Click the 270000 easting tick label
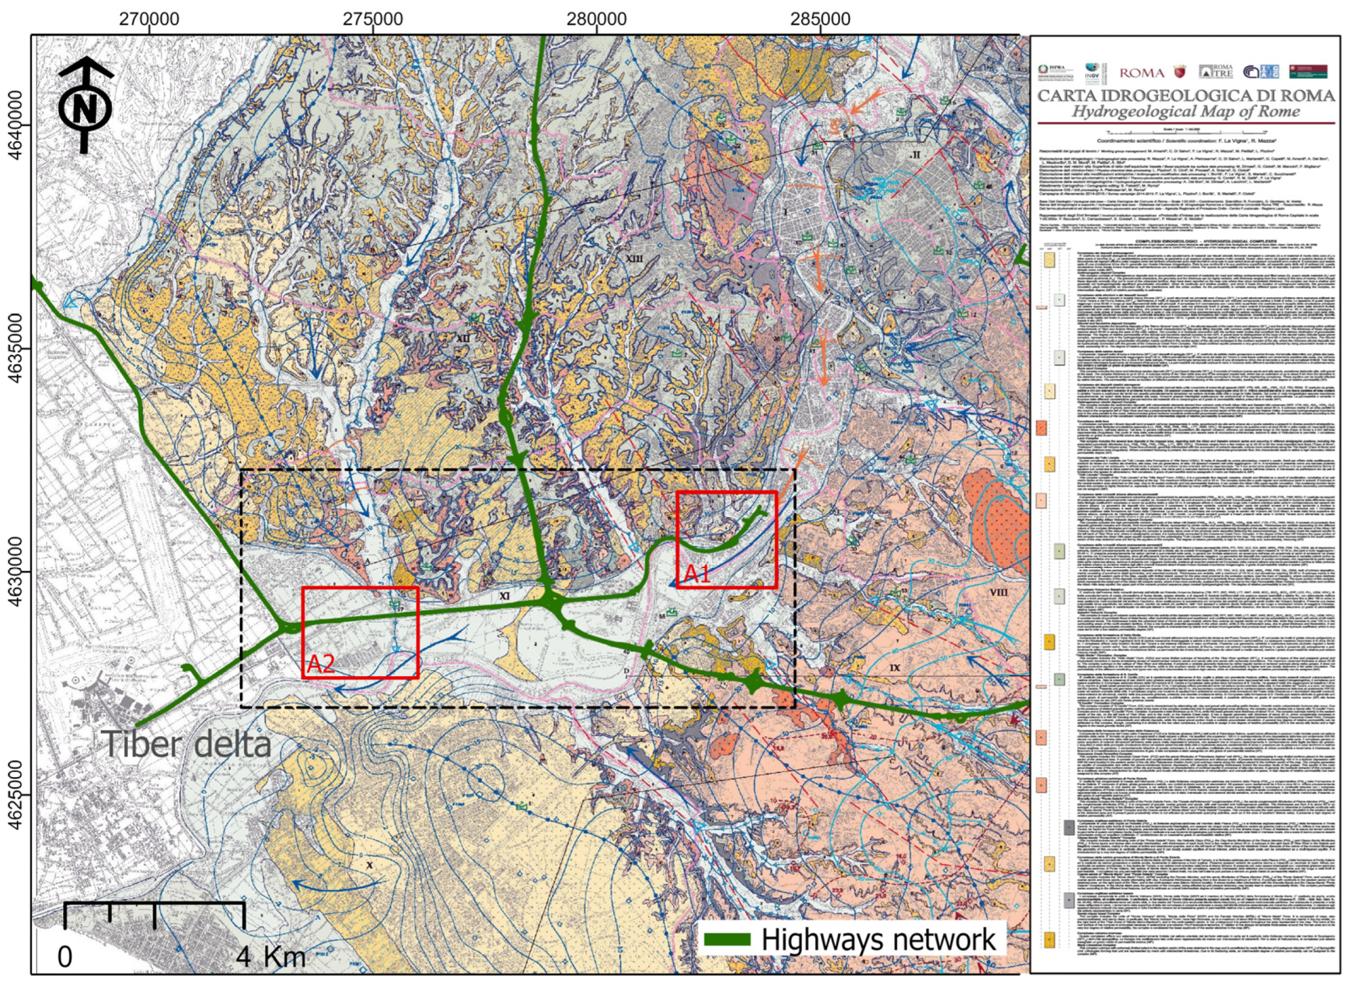[149, 19]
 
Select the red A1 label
[697, 575]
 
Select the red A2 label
[321, 664]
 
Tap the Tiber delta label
[187, 744]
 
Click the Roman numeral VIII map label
[998, 593]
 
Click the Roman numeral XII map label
[463, 338]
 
